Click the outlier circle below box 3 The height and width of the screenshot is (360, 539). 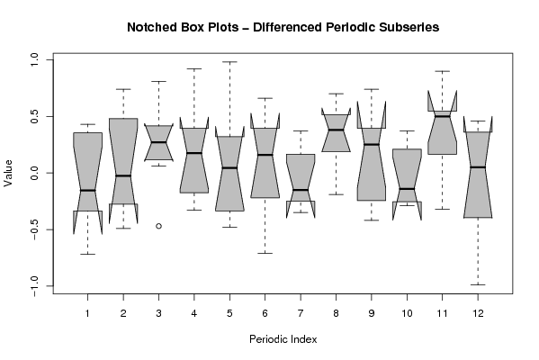pyautogui.click(x=158, y=226)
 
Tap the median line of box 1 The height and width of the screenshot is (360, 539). pyautogui.click(x=87, y=190)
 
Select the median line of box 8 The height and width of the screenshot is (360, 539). pyautogui.click(x=336, y=130)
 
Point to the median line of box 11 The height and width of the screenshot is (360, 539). pyautogui.click(x=443, y=116)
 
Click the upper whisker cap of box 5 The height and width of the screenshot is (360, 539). pyautogui.click(x=229, y=62)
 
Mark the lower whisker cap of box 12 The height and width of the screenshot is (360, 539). pyautogui.click(x=478, y=284)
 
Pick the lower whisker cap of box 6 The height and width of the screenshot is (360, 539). pyautogui.click(x=265, y=253)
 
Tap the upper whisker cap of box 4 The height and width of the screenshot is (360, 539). pyautogui.click(x=194, y=68)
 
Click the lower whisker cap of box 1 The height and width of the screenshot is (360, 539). pyautogui.click(x=87, y=254)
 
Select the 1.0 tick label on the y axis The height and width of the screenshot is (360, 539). pyautogui.click(x=35, y=59)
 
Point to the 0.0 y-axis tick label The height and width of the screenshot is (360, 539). pyautogui.click(x=35, y=173)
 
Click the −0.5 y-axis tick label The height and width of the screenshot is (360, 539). pyautogui.click(x=35, y=229)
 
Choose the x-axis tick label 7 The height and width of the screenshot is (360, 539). pyautogui.click(x=301, y=313)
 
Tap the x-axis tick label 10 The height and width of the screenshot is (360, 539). pyautogui.click(x=407, y=313)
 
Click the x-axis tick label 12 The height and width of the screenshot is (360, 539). pyautogui.click(x=478, y=313)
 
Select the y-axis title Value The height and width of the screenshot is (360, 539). pyautogui.click(x=8, y=173)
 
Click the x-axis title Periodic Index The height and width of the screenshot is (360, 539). pyautogui.click(x=283, y=339)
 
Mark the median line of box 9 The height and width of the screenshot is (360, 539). pyautogui.click(x=372, y=144)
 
